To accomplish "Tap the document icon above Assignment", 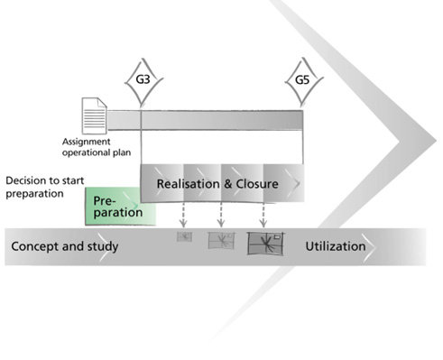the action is pyautogui.click(x=95, y=115).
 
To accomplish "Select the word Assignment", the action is pyautogui.click(x=86, y=142).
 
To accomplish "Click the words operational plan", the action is pyautogui.click(x=97, y=152).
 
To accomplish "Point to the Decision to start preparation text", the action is pyautogui.click(x=45, y=187).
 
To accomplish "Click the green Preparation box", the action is pyautogui.click(x=120, y=207).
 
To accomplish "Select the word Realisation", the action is pyautogui.click(x=188, y=184).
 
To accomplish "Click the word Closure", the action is pyautogui.click(x=257, y=184).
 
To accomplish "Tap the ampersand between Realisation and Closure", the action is pyautogui.click(x=227, y=184).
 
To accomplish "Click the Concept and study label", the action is pyautogui.click(x=65, y=246).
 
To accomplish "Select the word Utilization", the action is pyautogui.click(x=336, y=246).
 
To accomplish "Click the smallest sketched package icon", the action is pyautogui.click(x=184, y=236).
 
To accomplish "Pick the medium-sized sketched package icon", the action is pyautogui.click(x=221, y=240).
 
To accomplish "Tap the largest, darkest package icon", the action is pyautogui.click(x=265, y=244).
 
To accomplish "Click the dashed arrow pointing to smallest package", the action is pyautogui.click(x=183, y=215).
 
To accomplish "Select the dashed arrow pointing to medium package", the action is pyautogui.click(x=221, y=215).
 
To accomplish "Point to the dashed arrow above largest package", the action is pyautogui.click(x=263, y=215).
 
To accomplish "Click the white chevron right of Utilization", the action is pyautogui.click(x=370, y=247).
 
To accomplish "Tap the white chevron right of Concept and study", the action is pyautogui.click(x=105, y=247).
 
